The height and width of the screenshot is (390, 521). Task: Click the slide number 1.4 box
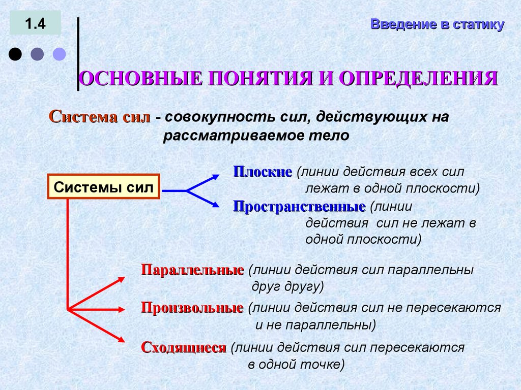pyautogui.click(x=35, y=24)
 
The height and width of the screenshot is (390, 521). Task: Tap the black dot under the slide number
pyautogui.click(x=16, y=54)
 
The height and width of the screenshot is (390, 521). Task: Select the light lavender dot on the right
pyautogui.click(x=60, y=54)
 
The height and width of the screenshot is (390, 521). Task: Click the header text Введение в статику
pyautogui.click(x=437, y=24)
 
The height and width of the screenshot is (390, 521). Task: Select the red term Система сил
pyautogui.click(x=100, y=117)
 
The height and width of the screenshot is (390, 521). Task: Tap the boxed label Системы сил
pyautogui.click(x=103, y=187)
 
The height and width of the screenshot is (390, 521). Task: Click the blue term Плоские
pyautogui.click(x=263, y=172)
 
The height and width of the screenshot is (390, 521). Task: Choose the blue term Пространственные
pyautogui.click(x=299, y=207)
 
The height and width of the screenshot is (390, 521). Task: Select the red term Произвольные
pyautogui.click(x=192, y=308)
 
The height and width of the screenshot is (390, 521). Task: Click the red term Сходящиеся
pyautogui.click(x=183, y=348)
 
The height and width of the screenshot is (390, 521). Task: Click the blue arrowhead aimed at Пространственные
pyautogui.click(x=215, y=205)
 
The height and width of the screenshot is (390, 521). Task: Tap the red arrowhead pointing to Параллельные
pyautogui.click(x=121, y=278)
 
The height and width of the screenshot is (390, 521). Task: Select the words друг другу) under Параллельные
pyautogui.click(x=288, y=286)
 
